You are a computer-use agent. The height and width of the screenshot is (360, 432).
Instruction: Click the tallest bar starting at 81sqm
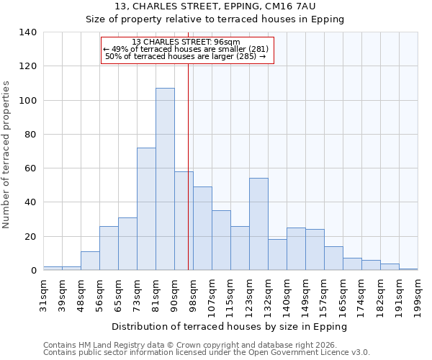(165, 179)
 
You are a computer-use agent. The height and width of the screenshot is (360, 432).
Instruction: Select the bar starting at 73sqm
(146, 209)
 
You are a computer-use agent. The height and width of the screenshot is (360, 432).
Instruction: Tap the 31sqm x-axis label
(44, 294)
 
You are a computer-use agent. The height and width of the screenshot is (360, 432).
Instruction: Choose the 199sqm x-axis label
(418, 294)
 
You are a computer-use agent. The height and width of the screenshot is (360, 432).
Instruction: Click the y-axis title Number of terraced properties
(6, 154)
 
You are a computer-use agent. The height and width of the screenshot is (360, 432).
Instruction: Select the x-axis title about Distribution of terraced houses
(230, 327)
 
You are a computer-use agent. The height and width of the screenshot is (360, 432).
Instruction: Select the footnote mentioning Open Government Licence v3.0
(207, 353)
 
